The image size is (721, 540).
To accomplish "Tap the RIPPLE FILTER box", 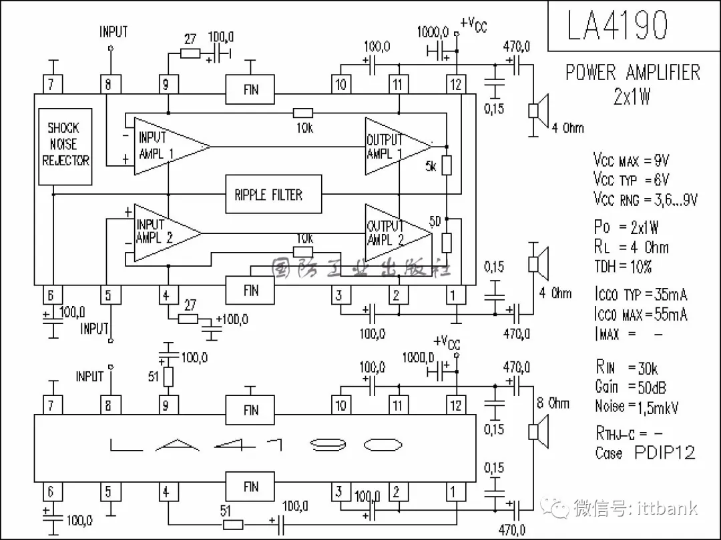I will pyautogui.click(x=272, y=195).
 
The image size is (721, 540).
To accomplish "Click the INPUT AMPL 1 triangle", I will pyautogui.click(x=164, y=146).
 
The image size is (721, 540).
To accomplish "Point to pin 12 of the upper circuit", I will pyautogui.click(x=456, y=84).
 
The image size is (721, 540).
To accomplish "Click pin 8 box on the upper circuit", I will pyautogui.click(x=109, y=84).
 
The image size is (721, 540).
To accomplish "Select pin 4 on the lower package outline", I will pyautogui.click(x=166, y=492).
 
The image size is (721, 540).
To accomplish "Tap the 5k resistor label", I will pyautogui.click(x=431, y=167).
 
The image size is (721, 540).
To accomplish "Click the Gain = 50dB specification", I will pyautogui.click(x=630, y=387).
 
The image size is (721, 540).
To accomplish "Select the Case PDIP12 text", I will pyautogui.click(x=644, y=453).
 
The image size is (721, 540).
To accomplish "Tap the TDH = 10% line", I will pyautogui.click(x=622, y=267).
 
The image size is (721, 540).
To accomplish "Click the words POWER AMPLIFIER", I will pyautogui.click(x=632, y=73).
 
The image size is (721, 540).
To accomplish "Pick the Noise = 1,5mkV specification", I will pyautogui.click(x=636, y=406).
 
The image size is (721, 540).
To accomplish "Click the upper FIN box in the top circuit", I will pyautogui.click(x=250, y=89).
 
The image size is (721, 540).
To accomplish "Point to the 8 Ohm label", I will pyautogui.click(x=553, y=403).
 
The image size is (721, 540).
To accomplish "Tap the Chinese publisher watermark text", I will pyautogui.click(x=360, y=268).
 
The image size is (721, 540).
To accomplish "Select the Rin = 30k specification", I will pyautogui.click(x=626, y=367).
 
